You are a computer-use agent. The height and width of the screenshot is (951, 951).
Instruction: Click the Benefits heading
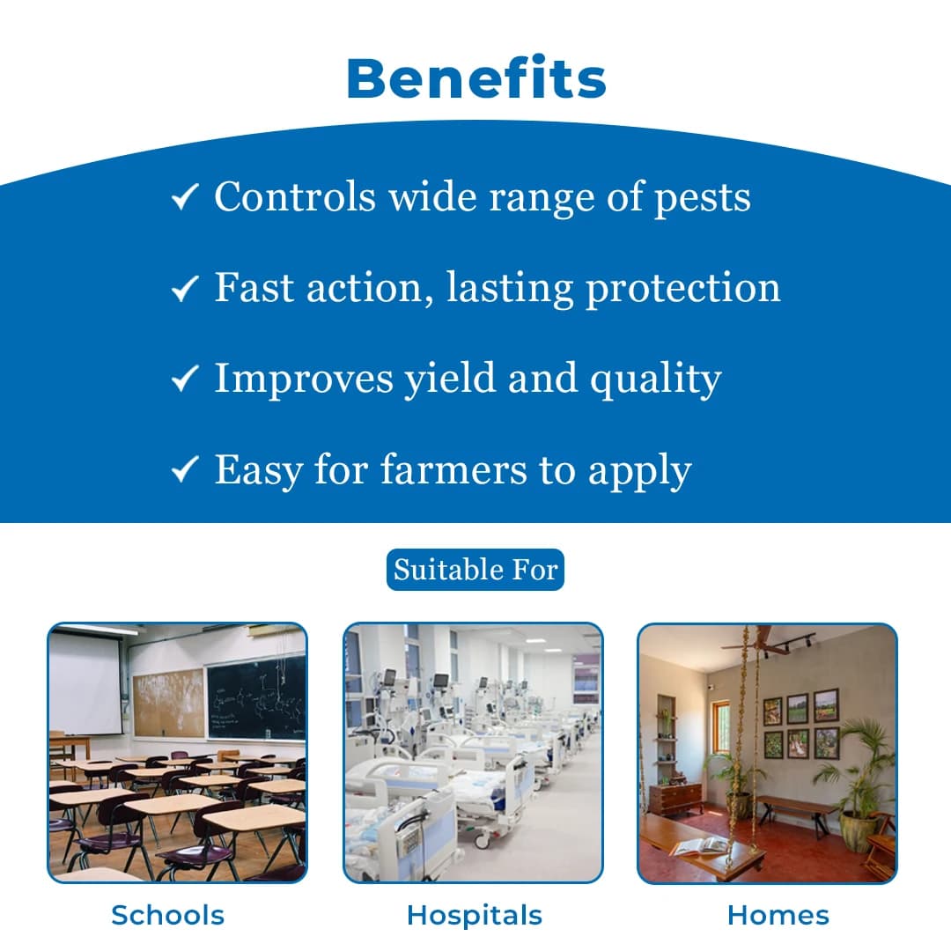[475, 79]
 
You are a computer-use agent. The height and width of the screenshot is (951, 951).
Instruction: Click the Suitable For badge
[475, 570]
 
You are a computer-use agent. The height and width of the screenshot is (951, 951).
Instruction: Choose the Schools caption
[167, 915]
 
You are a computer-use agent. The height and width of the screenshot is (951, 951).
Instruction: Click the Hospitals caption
[474, 915]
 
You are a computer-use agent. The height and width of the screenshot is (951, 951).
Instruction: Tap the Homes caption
[778, 915]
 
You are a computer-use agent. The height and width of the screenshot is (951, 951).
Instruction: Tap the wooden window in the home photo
[719, 726]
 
